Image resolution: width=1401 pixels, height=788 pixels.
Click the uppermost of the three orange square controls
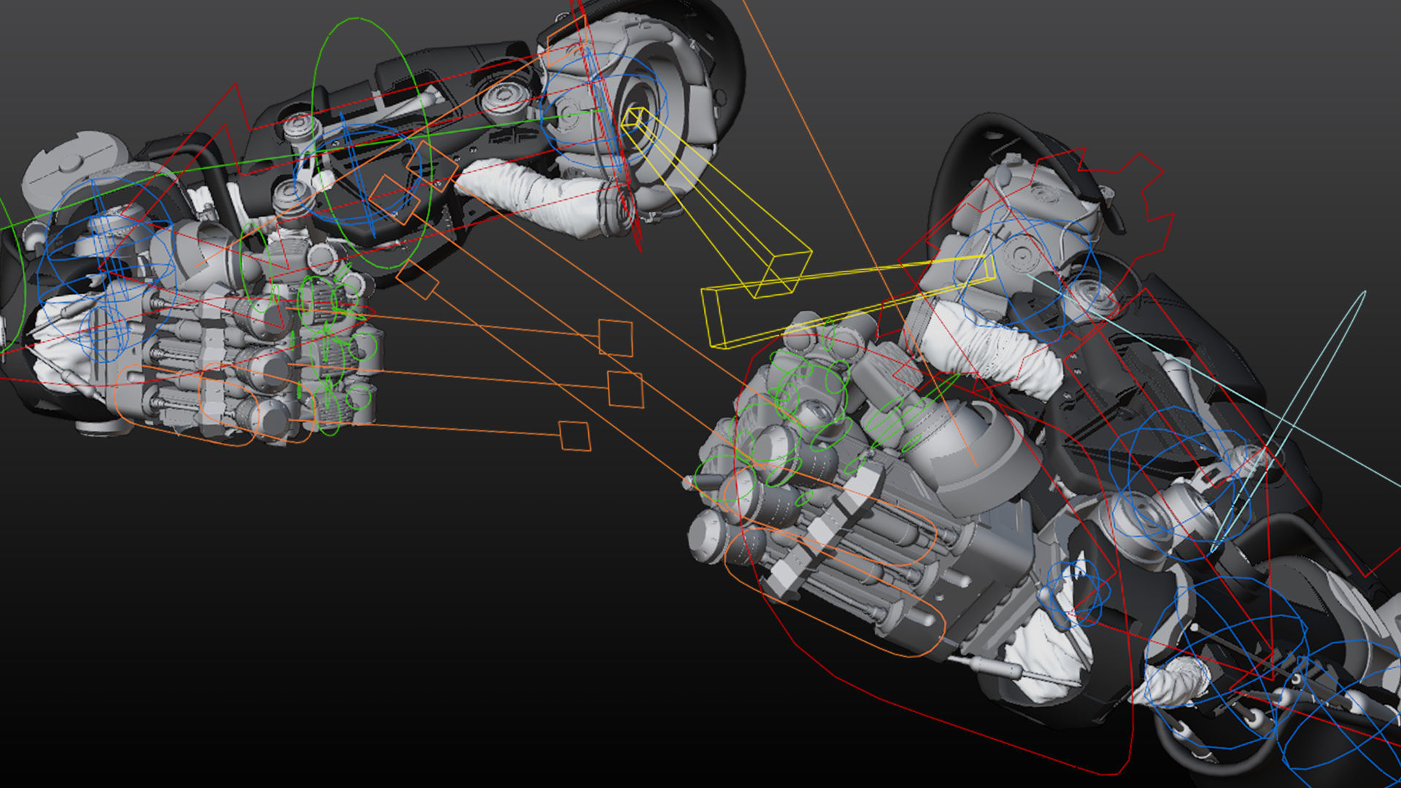click(616, 338)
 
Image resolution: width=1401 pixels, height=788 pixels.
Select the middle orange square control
click(626, 389)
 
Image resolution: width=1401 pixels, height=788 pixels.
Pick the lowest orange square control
click(575, 436)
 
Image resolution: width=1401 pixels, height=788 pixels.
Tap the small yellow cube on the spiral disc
click(634, 117)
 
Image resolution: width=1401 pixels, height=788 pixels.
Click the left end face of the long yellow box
click(713, 318)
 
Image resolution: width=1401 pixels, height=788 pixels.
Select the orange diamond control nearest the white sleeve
click(431, 166)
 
